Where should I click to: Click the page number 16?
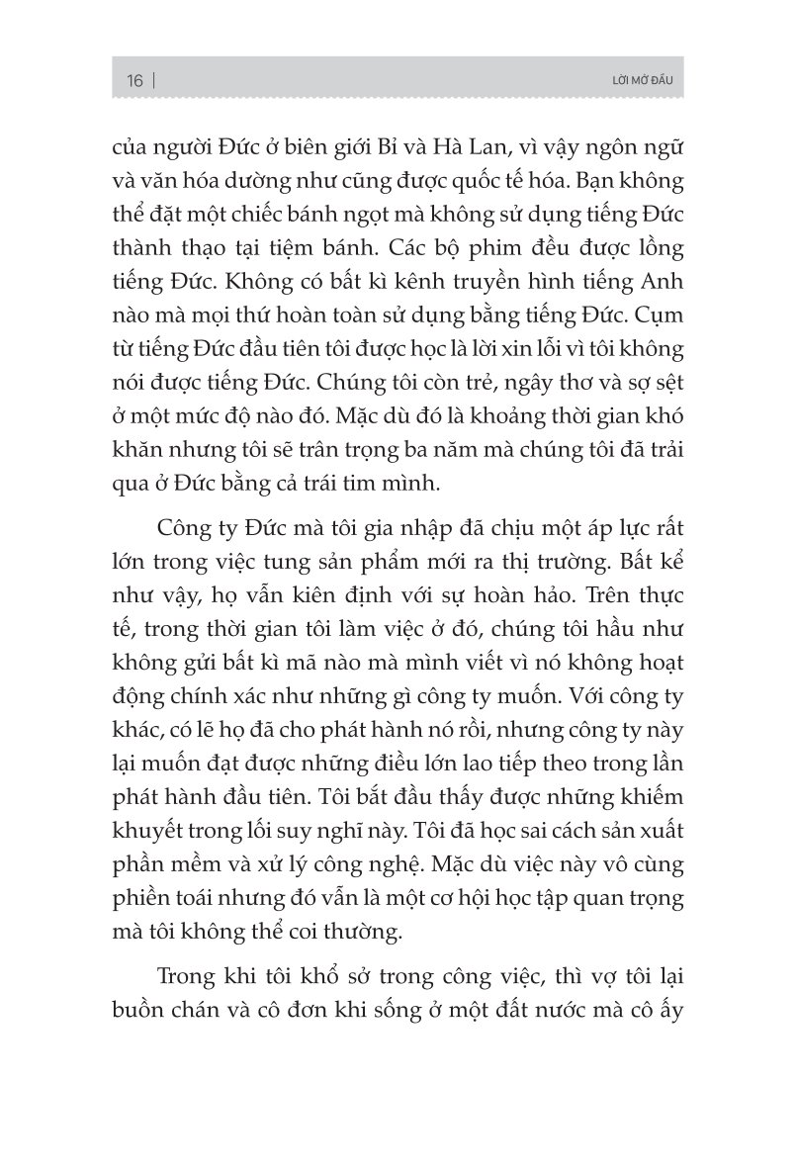(135, 80)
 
